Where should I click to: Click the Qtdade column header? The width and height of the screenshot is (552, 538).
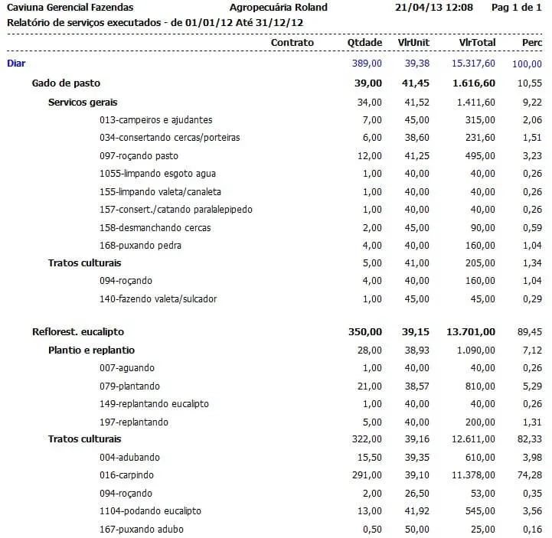point(364,42)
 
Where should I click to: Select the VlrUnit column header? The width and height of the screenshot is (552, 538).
point(414,42)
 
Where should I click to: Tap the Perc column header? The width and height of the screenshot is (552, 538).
point(531,42)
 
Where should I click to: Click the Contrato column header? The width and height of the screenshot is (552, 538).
point(292,42)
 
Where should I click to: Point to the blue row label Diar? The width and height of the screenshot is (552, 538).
point(15,64)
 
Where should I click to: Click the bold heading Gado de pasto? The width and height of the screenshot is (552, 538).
point(66,83)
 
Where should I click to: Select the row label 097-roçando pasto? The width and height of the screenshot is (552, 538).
point(139,156)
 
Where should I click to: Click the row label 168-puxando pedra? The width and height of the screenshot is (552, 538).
point(140,246)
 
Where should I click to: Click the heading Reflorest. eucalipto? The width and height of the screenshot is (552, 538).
point(78,332)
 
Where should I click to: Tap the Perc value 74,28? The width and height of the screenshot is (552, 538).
point(531,475)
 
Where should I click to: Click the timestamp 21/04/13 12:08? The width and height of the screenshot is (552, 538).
point(434,8)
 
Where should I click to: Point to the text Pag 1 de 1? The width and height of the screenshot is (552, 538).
point(517,8)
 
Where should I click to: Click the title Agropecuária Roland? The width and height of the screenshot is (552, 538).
point(279,8)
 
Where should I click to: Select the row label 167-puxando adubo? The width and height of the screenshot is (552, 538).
point(142,529)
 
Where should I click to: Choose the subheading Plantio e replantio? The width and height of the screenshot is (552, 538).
point(92,350)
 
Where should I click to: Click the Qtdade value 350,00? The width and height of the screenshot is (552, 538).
point(364,332)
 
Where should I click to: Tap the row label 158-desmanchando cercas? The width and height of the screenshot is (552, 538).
point(155,227)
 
